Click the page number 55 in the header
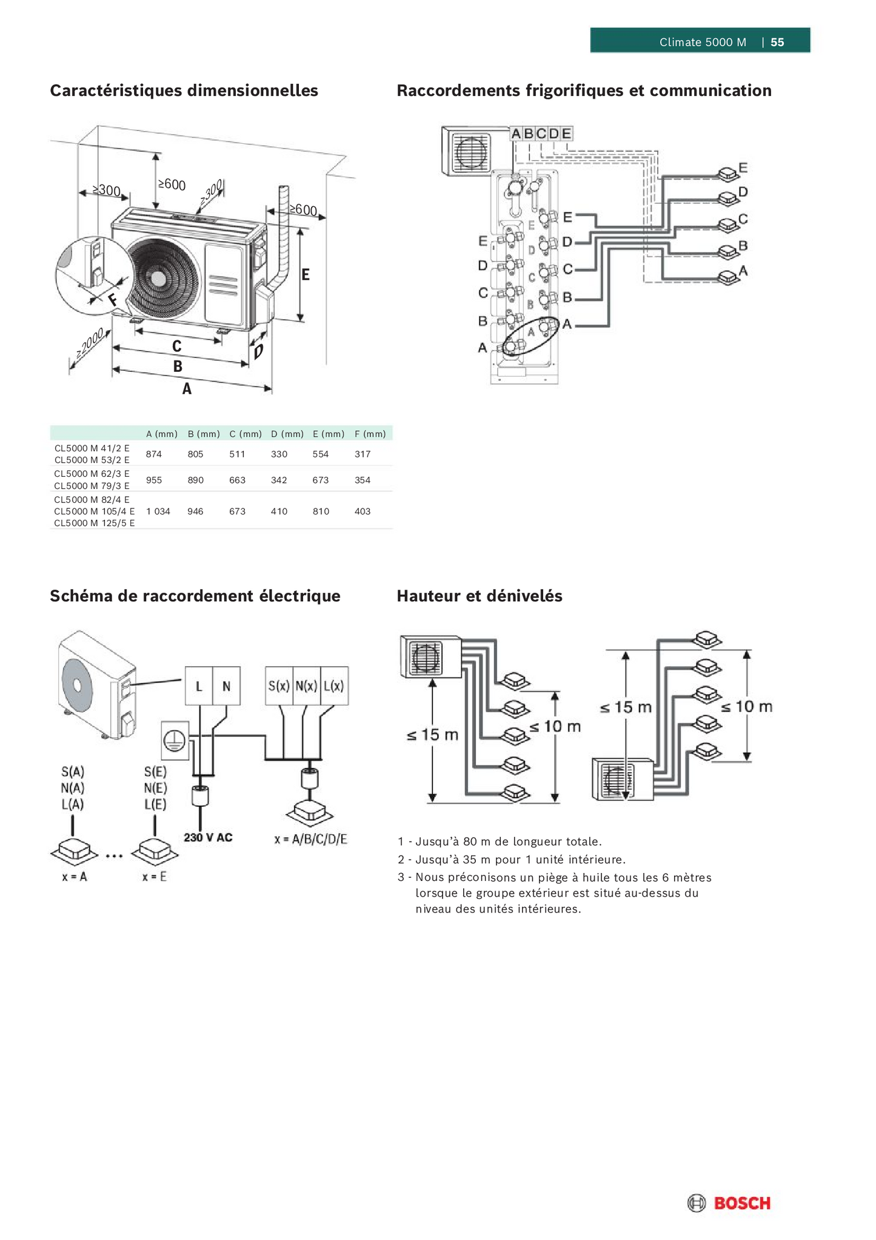click(x=777, y=42)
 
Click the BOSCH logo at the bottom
click(x=730, y=1203)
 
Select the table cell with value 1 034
click(x=158, y=511)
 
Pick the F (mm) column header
click(x=370, y=434)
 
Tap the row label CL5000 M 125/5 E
click(x=94, y=523)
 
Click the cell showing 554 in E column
click(x=320, y=454)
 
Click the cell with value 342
click(x=279, y=480)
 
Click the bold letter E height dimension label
click(x=306, y=275)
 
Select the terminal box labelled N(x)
click(x=306, y=686)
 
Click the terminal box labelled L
click(x=199, y=686)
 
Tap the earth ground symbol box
click(x=175, y=741)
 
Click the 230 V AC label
click(x=208, y=838)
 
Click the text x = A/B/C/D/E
click(x=310, y=839)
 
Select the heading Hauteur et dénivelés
click(x=479, y=596)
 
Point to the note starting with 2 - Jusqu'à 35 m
click(x=511, y=860)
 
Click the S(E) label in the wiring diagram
click(x=155, y=772)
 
